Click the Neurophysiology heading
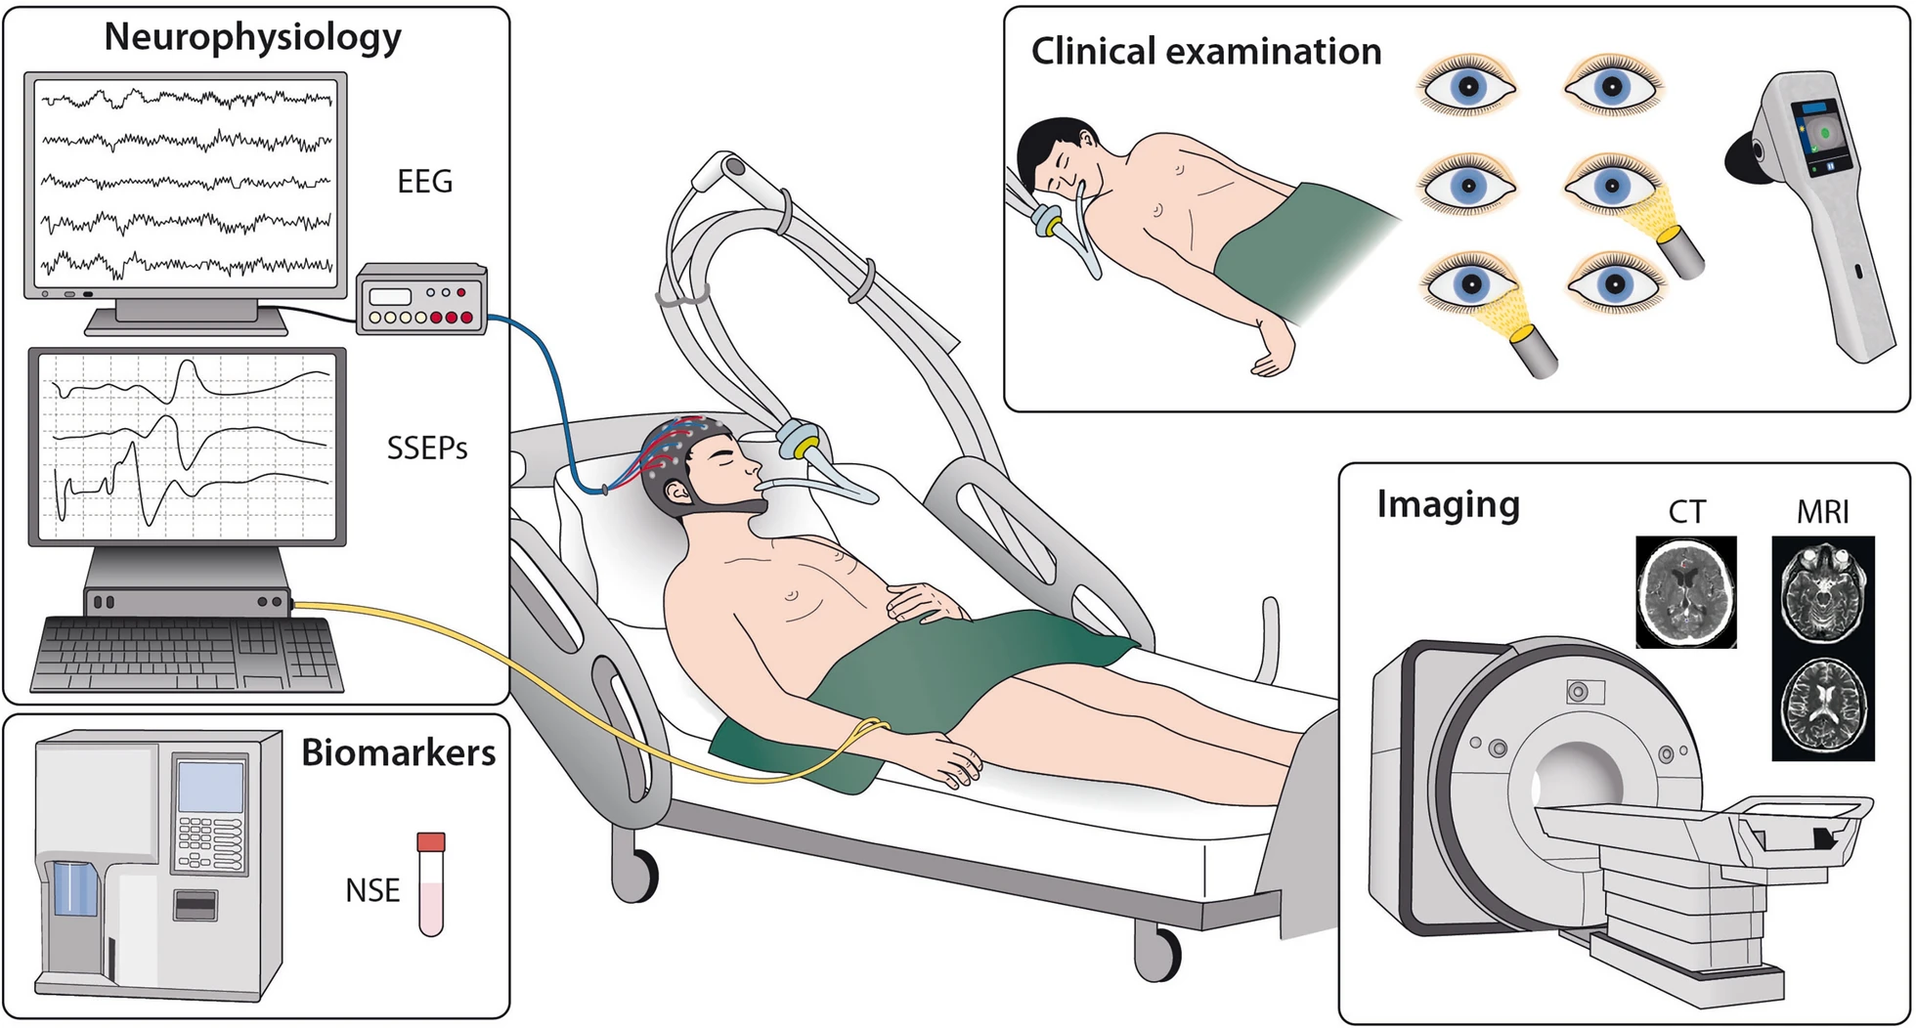coord(252,37)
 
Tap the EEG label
coord(424,182)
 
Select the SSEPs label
coord(427,449)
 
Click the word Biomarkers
coord(398,752)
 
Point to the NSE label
coord(372,890)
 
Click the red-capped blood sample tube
coord(431,883)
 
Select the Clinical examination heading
coord(1205,51)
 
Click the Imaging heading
coord(1448,504)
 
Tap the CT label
coord(1686,512)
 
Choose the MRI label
coord(1823,512)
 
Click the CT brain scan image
coord(1686,592)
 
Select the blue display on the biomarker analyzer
coord(210,787)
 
